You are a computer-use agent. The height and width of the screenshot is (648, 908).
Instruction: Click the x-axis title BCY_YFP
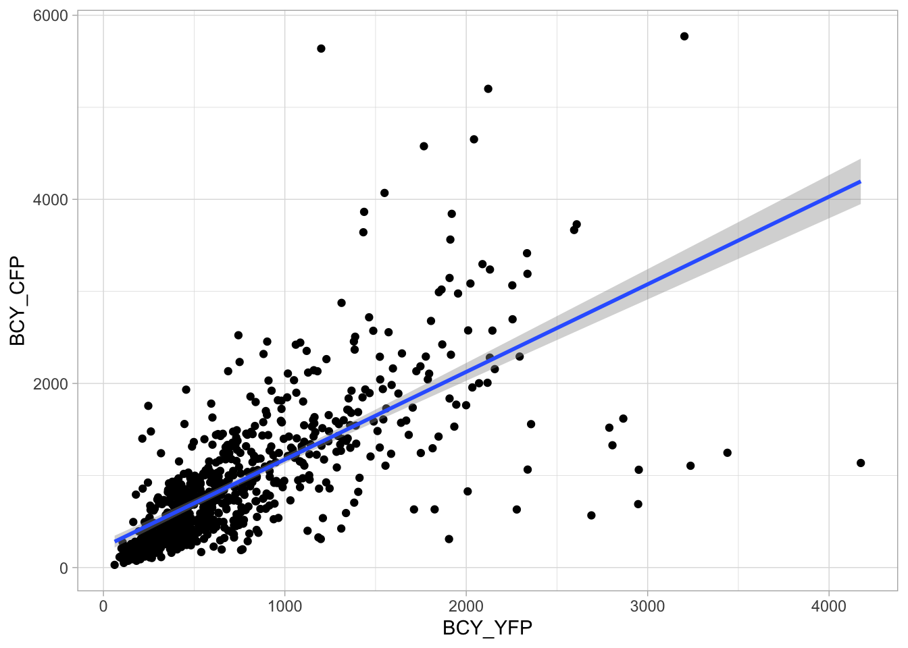click(487, 628)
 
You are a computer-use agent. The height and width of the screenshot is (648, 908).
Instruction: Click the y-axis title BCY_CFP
click(18, 300)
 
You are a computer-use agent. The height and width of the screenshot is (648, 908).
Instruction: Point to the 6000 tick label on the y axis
click(50, 16)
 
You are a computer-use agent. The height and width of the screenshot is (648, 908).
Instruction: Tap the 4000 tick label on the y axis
click(50, 200)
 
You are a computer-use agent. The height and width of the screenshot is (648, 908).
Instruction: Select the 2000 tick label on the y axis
click(50, 383)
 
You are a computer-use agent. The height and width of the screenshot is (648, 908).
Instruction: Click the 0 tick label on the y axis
click(64, 568)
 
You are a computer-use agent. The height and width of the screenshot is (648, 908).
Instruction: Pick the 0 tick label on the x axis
click(103, 606)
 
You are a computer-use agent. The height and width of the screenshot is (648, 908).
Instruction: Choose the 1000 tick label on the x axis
click(284, 606)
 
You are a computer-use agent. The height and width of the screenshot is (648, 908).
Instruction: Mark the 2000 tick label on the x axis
click(466, 606)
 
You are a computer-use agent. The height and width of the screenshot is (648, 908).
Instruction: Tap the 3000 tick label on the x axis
click(647, 606)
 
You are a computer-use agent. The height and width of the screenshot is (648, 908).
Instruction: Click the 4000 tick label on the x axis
click(829, 606)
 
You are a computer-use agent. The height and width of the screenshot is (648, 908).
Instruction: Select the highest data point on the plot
click(684, 36)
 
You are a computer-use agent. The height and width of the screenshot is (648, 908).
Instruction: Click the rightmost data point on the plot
click(861, 463)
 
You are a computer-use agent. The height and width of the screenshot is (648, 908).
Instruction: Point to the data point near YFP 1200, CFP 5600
click(321, 49)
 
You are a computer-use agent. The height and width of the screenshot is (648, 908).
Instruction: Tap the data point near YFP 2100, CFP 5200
click(488, 89)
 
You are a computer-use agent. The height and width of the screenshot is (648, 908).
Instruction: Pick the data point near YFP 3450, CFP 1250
click(728, 453)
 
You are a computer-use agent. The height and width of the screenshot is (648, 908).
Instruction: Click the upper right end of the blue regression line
click(860, 182)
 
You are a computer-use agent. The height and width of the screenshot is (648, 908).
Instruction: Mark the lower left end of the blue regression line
click(116, 541)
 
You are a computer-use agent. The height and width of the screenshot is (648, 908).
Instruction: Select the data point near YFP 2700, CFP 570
click(592, 516)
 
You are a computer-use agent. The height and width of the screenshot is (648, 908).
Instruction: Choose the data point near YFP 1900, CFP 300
click(449, 539)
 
